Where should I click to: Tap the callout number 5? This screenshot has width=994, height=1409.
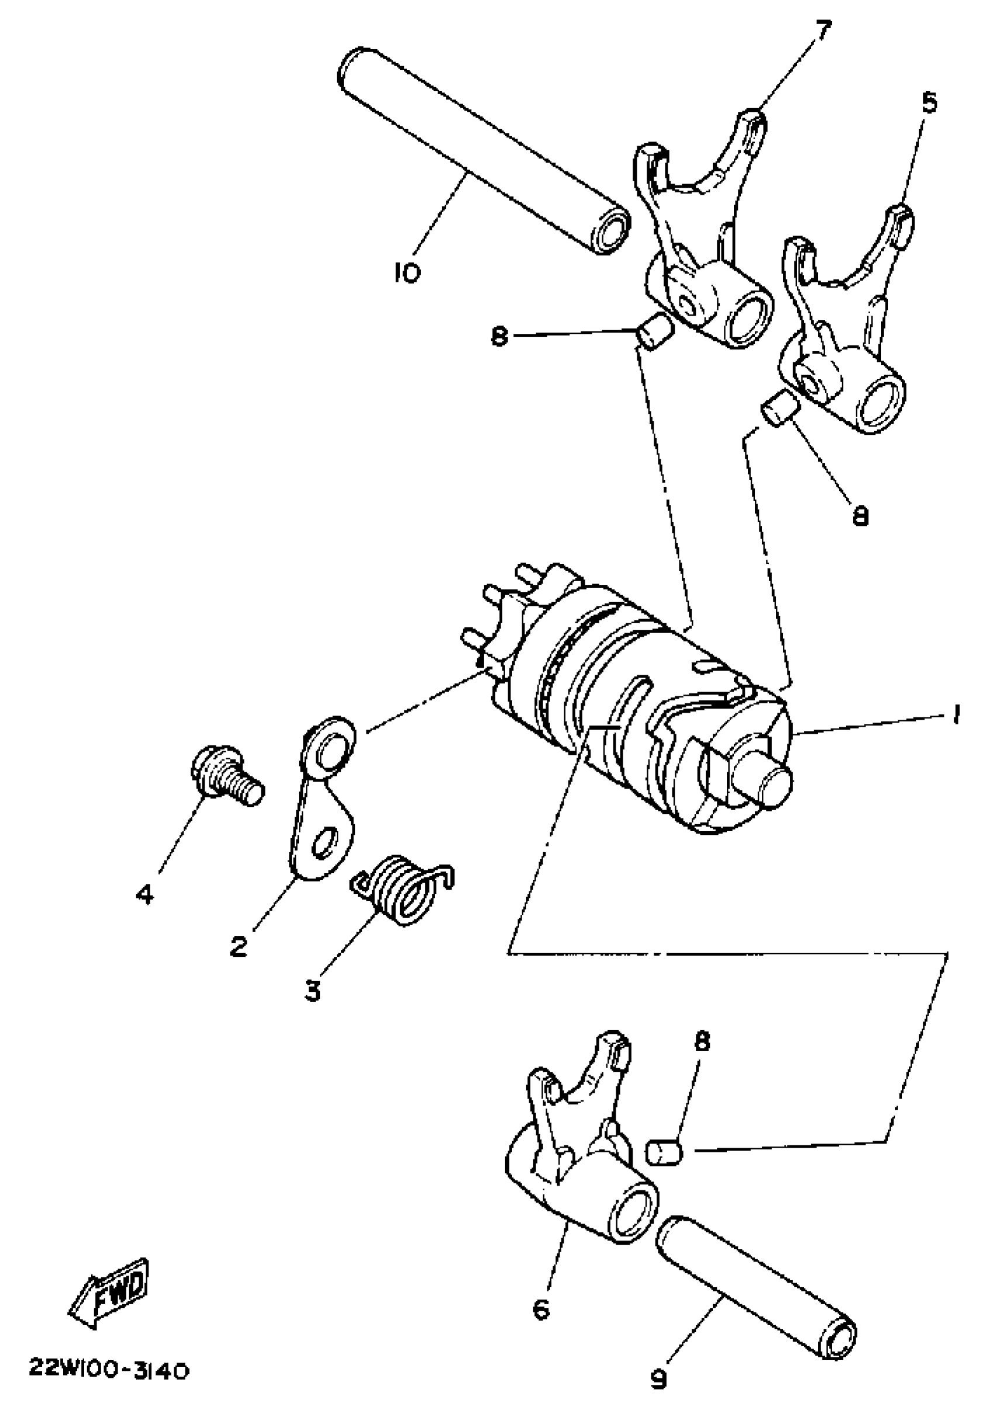pos(930,103)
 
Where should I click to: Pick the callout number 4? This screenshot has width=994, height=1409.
pos(145,895)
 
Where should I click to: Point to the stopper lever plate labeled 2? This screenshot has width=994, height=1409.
pos(323,802)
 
